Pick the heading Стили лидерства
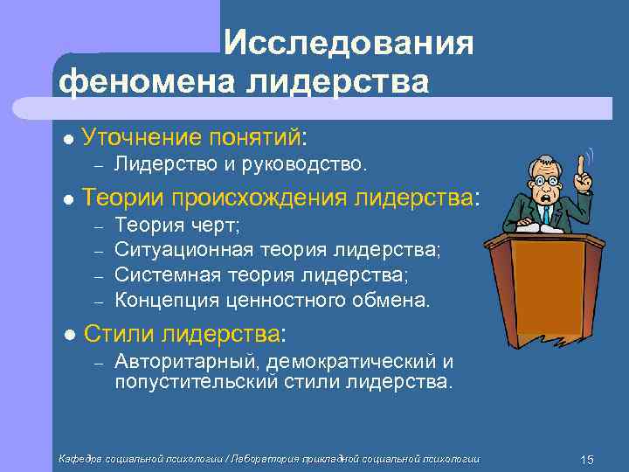pos(184,333)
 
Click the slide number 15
pos(586,459)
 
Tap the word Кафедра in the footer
pos(79,459)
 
